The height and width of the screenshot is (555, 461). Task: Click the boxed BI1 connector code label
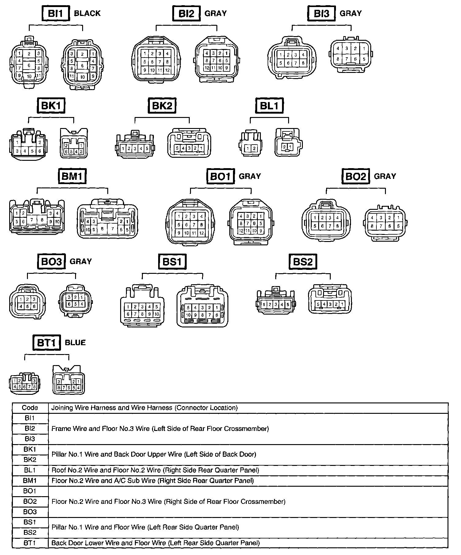(x=55, y=14)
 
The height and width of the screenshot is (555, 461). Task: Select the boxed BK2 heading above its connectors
(x=162, y=106)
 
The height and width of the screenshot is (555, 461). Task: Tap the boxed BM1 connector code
(x=72, y=176)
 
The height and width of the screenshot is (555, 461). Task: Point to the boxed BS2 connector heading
(x=303, y=262)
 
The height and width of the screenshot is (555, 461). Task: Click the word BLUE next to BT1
(x=75, y=342)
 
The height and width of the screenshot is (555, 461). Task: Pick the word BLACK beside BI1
(x=87, y=13)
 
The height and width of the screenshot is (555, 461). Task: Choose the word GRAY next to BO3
(x=81, y=262)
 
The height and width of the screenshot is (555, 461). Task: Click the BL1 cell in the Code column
(x=30, y=470)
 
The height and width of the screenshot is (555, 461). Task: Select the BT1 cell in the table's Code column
(x=30, y=543)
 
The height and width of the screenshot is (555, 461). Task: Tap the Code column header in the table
(x=30, y=408)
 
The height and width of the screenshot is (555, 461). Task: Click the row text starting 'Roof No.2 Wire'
(x=155, y=470)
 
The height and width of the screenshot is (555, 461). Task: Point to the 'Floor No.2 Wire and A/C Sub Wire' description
(x=153, y=480)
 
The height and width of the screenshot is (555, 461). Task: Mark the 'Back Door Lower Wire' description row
(x=156, y=543)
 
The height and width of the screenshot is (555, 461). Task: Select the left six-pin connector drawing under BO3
(x=28, y=302)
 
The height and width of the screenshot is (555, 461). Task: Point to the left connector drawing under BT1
(x=25, y=383)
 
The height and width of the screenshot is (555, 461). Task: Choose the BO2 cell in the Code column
(x=30, y=501)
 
